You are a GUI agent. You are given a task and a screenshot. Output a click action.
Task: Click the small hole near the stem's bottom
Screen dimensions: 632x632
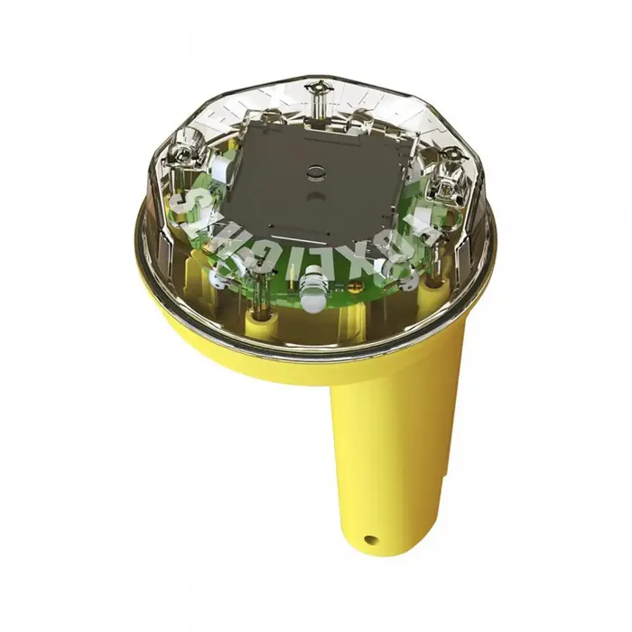click(x=370, y=540)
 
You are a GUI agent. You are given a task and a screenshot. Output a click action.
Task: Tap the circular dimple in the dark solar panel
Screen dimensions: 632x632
click(x=313, y=169)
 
